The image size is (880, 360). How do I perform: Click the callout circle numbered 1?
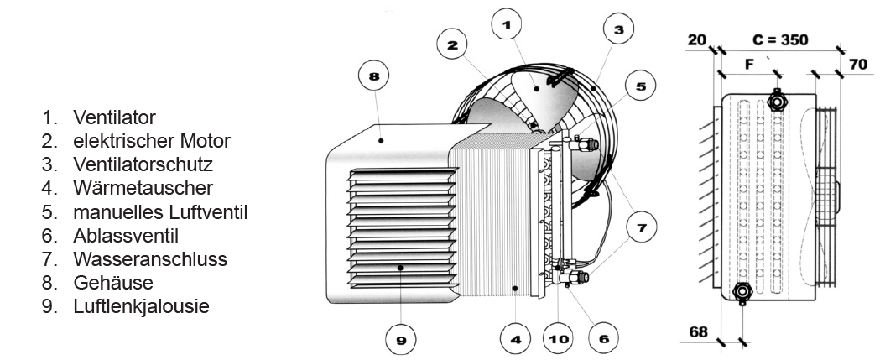[x=506, y=24]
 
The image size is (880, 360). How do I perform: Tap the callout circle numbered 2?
[x=453, y=44]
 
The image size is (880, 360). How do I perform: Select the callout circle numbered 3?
[x=618, y=29]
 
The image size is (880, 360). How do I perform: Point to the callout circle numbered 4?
[x=516, y=339]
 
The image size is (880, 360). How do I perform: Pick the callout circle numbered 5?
[x=641, y=86]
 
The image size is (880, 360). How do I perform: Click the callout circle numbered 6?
[x=604, y=339]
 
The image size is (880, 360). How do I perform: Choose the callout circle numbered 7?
[x=641, y=227]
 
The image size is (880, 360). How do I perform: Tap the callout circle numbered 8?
[x=374, y=76]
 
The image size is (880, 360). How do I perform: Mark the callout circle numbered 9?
[x=401, y=339]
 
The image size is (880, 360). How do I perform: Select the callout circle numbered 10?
[x=559, y=339]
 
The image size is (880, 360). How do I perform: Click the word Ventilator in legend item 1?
[x=114, y=117]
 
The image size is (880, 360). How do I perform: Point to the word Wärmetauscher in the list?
[x=143, y=188]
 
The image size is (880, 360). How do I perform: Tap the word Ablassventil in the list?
[x=126, y=235]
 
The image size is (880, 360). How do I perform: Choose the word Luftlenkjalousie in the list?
[x=142, y=306]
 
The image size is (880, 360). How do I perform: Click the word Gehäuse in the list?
[x=113, y=283]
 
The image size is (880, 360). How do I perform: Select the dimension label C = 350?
[x=781, y=40]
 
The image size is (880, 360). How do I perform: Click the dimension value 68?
[x=698, y=332]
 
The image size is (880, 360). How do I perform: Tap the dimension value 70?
[x=858, y=64]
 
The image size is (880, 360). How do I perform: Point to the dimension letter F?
[x=748, y=65]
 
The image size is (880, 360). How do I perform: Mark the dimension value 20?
[x=696, y=40]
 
